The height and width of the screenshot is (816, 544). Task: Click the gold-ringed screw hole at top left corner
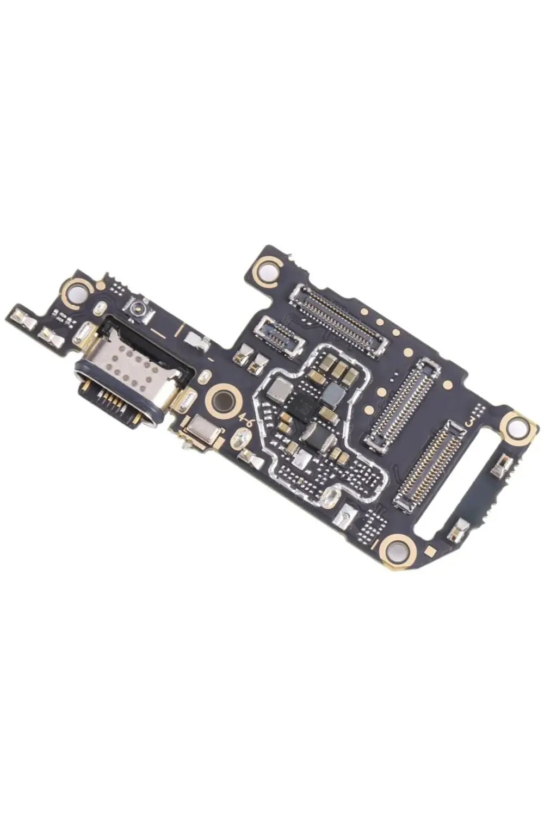click(x=78, y=290)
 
